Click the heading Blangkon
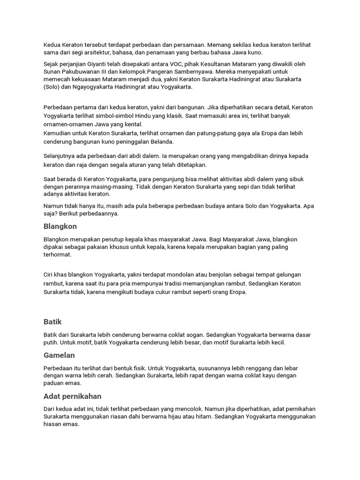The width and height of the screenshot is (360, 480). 60,226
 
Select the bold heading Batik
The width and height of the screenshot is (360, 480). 52,322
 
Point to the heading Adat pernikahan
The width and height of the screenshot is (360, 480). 72,397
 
